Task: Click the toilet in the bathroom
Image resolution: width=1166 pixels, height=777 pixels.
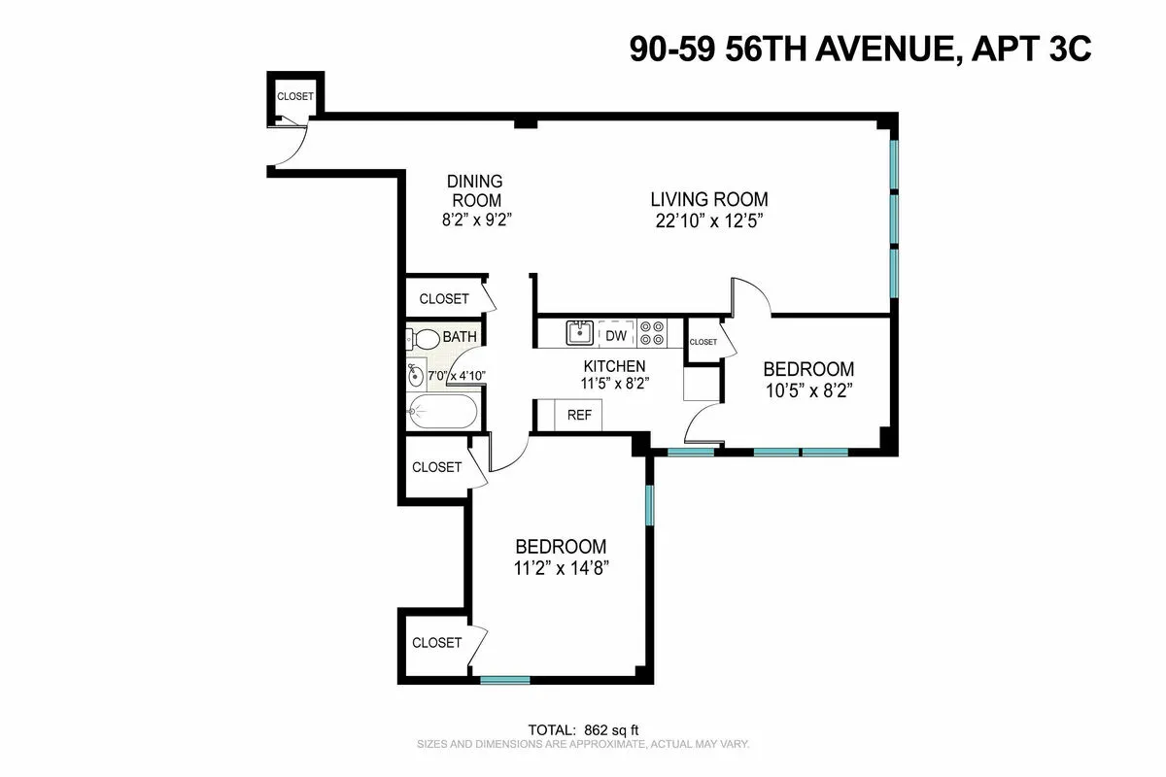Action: (x=424, y=340)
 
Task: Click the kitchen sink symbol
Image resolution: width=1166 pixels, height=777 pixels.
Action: (x=580, y=333)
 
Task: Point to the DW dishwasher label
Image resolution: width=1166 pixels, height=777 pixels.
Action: (x=616, y=335)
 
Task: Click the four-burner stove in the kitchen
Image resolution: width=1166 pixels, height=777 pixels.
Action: (x=652, y=333)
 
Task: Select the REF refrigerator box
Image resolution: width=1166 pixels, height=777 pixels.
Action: (x=579, y=415)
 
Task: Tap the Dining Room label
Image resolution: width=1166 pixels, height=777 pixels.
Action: (x=475, y=190)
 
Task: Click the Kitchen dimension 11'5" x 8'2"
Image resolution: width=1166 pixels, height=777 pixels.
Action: (x=614, y=383)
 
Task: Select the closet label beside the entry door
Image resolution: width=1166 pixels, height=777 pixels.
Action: (x=295, y=96)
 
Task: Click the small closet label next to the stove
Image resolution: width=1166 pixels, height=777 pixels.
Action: (x=703, y=342)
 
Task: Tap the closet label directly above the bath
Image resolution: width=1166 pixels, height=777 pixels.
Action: (x=443, y=299)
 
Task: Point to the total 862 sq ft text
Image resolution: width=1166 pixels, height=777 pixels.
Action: (x=583, y=729)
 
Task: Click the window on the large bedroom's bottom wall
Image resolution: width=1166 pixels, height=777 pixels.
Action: (x=505, y=680)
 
